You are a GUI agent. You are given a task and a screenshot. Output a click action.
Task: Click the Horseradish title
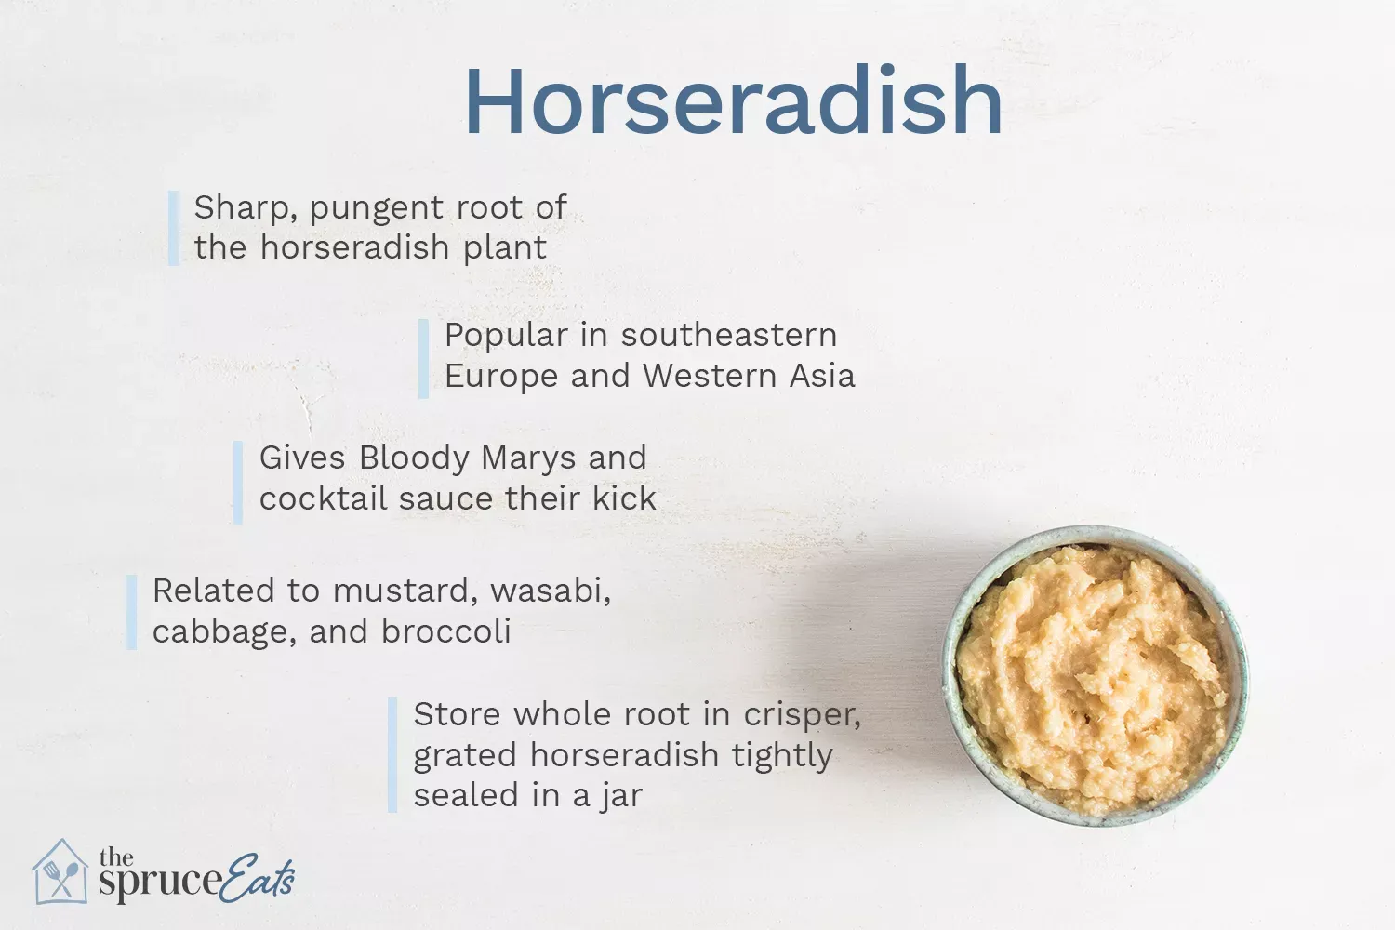pos(733,100)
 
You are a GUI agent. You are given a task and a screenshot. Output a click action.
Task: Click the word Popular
pos(505,336)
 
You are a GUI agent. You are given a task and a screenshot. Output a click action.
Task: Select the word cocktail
pos(323,498)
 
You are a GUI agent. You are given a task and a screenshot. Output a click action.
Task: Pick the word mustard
pos(405,591)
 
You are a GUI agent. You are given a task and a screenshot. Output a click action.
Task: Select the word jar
pos(621,797)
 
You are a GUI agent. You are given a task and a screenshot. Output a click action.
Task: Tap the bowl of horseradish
pos(1095,676)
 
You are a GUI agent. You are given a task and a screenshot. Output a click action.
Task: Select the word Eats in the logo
pos(259,876)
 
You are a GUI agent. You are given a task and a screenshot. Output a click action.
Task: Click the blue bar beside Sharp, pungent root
pos(173,228)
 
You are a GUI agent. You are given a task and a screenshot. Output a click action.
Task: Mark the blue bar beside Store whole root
pos(392,755)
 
